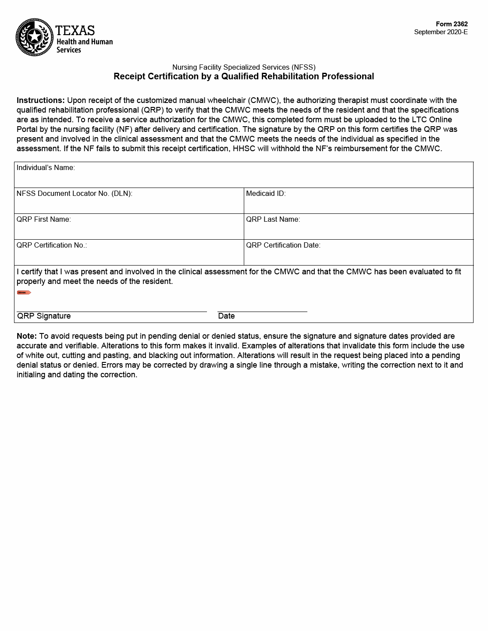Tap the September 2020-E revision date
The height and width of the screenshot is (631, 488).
pyautogui.click(x=441, y=32)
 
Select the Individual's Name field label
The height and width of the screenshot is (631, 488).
pyautogui.click(x=46, y=168)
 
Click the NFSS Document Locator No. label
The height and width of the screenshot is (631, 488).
pyautogui.click(x=74, y=194)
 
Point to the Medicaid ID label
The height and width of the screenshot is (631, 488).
pyautogui.click(x=266, y=194)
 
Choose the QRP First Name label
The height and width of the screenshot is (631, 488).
pyautogui.click(x=43, y=220)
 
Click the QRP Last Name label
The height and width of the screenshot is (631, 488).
pyautogui.click(x=273, y=220)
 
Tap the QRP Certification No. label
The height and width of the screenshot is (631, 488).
pyautogui.click(x=51, y=245)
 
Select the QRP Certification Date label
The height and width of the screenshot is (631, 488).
pyautogui.click(x=283, y=245)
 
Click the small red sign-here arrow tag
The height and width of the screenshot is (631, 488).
pyautogui.click(x=24, y=292)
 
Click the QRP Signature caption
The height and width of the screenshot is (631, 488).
pyautogui.click(x=43, y=316)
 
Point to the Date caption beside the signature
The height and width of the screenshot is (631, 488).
pyautogui.click(x=226, y=316)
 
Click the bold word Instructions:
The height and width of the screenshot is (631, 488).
pyautogui.click(x=40, y=100)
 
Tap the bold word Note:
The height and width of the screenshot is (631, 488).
pyautogui.click(x=26, y=336)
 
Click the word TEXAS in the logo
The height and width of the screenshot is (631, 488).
pyautogui.click(x=75, y=30)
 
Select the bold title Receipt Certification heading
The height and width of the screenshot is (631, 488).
pyautogui.click(x=244, y=77)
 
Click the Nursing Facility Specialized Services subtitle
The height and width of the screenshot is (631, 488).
pyautogui.click(x=244, y=67)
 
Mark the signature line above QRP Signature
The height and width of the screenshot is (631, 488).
pyautogui.click(x=112, y=311)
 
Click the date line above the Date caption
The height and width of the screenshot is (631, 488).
pyautogui.click(x=262, y=311)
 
